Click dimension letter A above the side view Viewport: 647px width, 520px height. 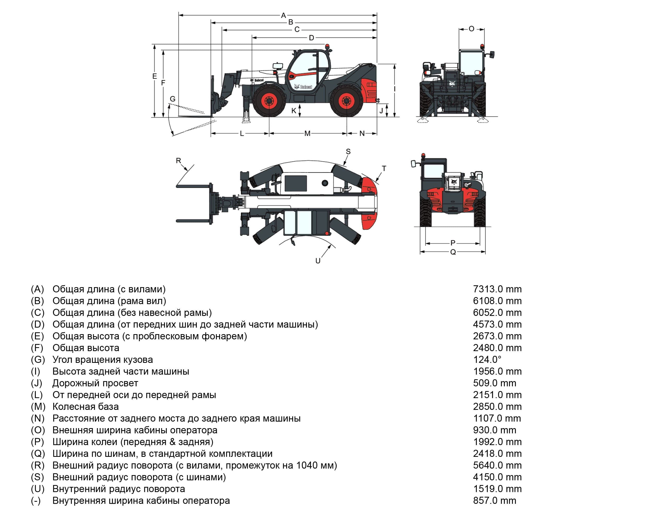(x=283, y=15)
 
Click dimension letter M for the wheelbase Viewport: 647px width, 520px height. (x=307, y=134)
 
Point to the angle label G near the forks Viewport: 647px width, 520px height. (x=173, y=99)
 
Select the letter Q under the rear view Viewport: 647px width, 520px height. (x=453, y=252)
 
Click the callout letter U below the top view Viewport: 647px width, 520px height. (x=318, y=261)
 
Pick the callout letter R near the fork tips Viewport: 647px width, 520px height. (x=179, y=161)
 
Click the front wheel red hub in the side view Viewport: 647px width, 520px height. (x=269, y=102)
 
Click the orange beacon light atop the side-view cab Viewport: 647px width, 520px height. (x=327, y=46)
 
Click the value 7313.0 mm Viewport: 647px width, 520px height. (x=497, y=289)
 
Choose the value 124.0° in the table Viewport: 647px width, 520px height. (x=487, y=360)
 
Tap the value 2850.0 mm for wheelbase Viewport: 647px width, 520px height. (x=497, y=406)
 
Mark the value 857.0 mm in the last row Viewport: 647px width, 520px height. (x=495, y=500)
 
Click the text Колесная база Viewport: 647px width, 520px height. (x=86, y=406)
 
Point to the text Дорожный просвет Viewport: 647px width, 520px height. (x=95, y=383)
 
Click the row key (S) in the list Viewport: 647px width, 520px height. (x=38, y=477)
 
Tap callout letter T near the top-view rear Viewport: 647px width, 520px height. (x=384, y=168)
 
